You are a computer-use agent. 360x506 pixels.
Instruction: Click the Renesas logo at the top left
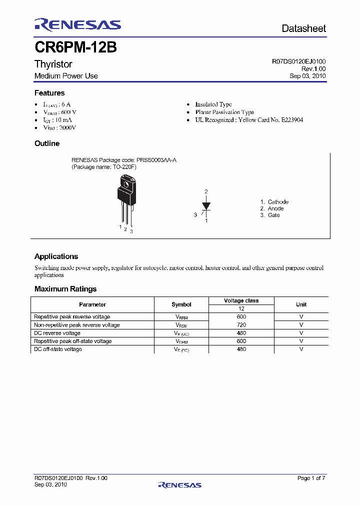77,25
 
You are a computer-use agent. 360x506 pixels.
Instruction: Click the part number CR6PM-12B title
75,47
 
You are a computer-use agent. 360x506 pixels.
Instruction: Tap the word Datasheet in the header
303,28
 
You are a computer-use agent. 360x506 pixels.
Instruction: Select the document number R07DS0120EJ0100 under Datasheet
298,61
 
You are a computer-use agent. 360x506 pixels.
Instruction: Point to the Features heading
49,93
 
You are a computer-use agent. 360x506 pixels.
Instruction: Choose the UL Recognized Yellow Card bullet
248,120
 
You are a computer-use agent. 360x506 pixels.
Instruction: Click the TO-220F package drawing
125,200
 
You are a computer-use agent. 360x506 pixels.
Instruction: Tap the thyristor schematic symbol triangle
206,205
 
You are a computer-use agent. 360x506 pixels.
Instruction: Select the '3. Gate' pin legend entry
270,215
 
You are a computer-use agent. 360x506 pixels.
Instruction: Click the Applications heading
56,256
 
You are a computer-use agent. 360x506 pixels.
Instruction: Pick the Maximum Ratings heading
65,289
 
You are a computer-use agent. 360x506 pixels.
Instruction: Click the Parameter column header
92,304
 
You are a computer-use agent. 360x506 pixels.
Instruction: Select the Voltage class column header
241,300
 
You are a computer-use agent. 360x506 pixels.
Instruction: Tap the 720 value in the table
241,325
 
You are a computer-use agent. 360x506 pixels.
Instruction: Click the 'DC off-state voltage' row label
57,349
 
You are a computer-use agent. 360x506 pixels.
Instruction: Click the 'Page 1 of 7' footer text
311,478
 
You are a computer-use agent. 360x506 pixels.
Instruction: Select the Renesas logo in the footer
179,485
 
